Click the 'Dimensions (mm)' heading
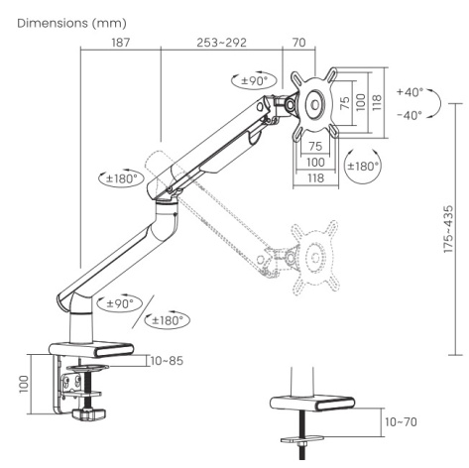coord(71,23)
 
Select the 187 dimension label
coord(121,43)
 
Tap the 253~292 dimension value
coord(221,43)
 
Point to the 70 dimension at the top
coord(299,43)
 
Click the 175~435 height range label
coord(448,229)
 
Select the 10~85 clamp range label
coord(167,361)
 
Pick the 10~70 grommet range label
coord(401,421)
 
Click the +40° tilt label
coord(410,92)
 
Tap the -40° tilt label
coord(410,115)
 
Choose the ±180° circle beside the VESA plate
coord(363,166)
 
